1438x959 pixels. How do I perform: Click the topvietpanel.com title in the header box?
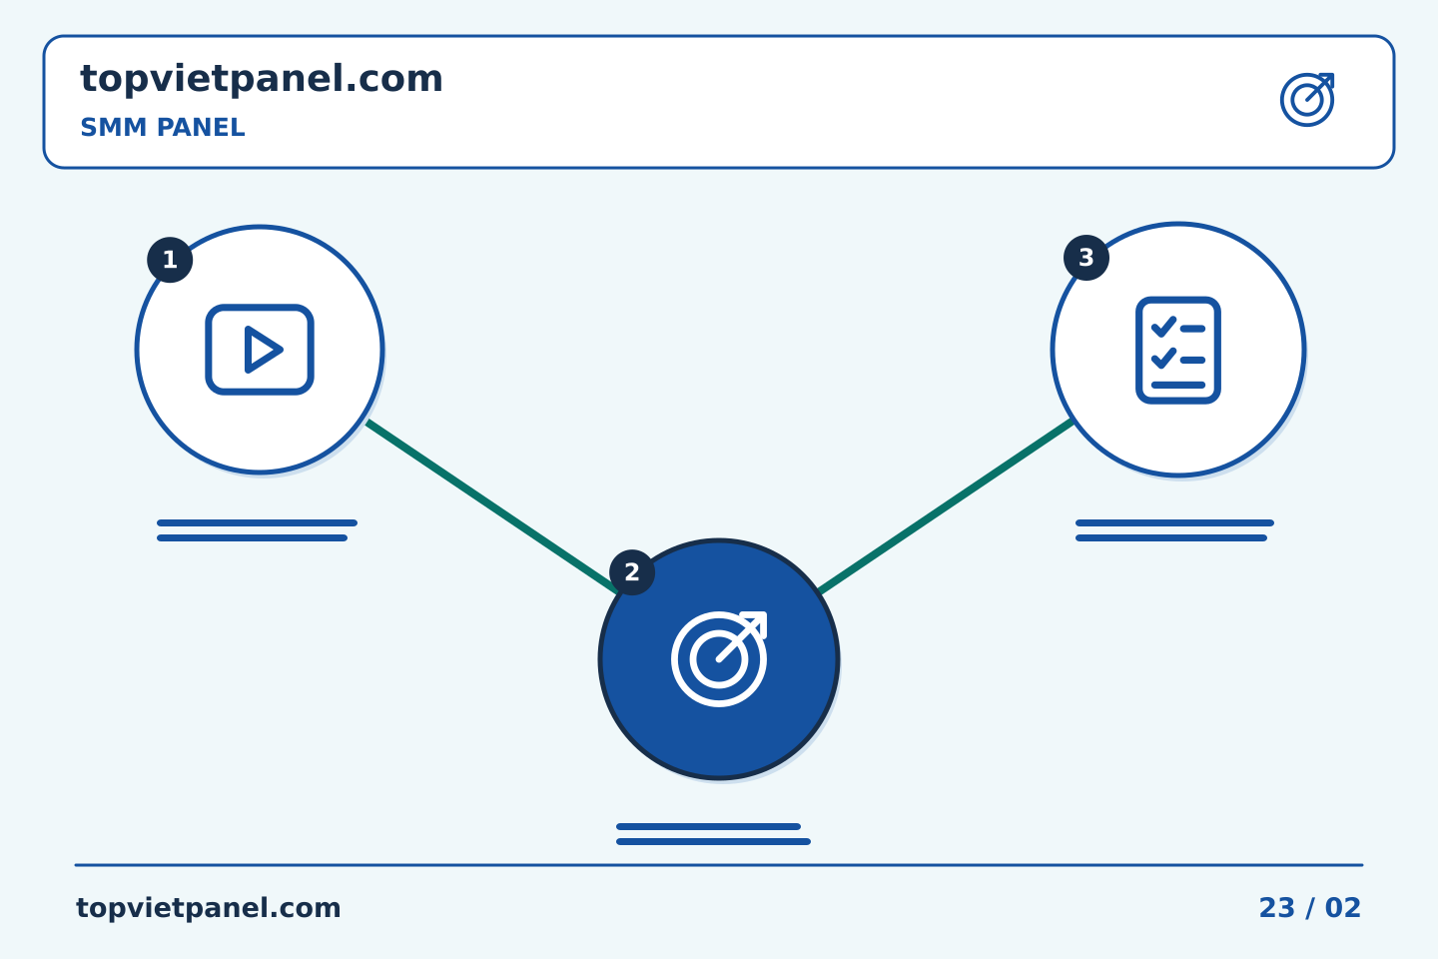coord(262,79)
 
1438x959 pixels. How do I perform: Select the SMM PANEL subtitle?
coord(163,127)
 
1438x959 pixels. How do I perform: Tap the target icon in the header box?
coord(1308,100)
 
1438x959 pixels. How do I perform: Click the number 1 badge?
coord(170,260)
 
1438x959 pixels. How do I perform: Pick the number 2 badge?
coord(632,572)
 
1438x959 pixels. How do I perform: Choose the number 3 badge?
coord(1086,258)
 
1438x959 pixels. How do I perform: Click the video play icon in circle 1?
coord(260,350)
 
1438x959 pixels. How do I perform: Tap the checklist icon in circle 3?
coord(1178,350)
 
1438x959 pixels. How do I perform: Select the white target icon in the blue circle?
coord(719,659)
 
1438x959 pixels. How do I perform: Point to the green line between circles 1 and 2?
coord(492,506)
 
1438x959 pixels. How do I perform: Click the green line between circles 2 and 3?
coord(947,506)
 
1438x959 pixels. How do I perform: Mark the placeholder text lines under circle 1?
coord(257,530)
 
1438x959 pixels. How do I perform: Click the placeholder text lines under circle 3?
coord(1174,530)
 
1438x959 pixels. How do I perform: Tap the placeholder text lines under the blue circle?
coord(713,834)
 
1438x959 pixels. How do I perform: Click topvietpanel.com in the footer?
coord(208,908)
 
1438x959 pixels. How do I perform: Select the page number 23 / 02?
coord(1309,908)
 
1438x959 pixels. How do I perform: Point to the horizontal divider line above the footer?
coord(719,865)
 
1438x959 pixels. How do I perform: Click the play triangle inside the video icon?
coord(263,350)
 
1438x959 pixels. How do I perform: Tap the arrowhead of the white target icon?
coord(755,623)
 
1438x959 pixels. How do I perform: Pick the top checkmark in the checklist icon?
coord(1163,327)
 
